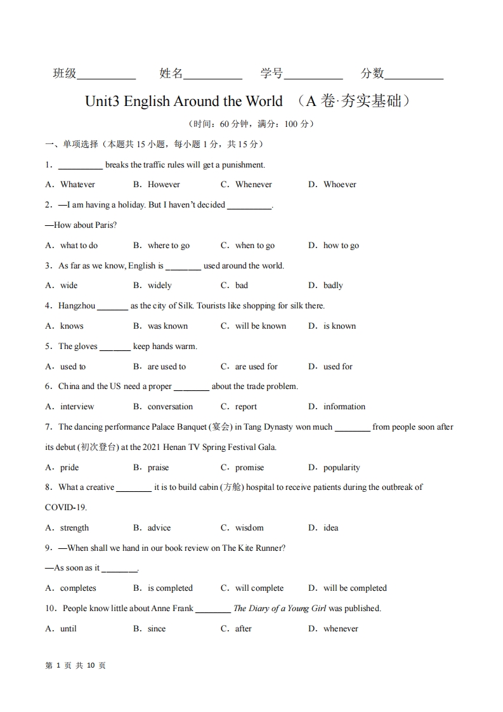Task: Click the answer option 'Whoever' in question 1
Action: [339, 185]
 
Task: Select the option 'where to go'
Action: [168, 246]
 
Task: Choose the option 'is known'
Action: [339, 326]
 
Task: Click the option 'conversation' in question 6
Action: [170, 407]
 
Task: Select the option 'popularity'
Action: [341, 468]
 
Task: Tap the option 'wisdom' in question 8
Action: [249, 528]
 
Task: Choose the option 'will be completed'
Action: [355, 588]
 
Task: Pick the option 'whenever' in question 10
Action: [341, 629]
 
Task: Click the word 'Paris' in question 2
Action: [105, 225]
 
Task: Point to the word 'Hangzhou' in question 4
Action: [77, 306]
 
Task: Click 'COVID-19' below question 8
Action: [66, 508]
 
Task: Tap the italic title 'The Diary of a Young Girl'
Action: [280, 609]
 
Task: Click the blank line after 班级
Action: [106, 75]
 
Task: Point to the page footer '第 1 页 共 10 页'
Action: [75, 666]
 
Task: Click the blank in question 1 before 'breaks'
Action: [81, 166]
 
